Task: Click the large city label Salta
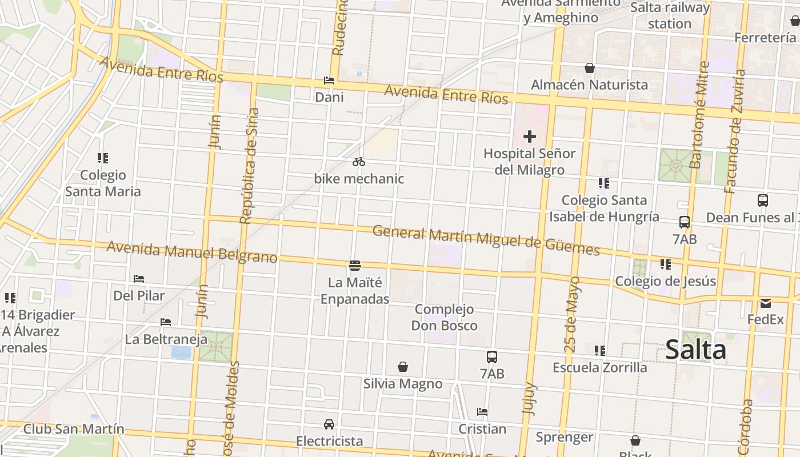tap(695, 350)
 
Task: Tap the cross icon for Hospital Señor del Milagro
tap(530, 137)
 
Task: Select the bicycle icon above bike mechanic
tap(359, 162)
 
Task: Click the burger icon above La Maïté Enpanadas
tap(355, 265)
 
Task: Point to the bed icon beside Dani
tap(329, 81)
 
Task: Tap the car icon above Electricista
tap(329, 424)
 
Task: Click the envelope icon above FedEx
tap(766, 303)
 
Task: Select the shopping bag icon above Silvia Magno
tap(403, 366)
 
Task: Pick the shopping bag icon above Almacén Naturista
tap(590, 68)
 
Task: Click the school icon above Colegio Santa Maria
tap(103, 158)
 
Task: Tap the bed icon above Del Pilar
tap(139, 279)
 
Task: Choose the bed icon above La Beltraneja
tap(166, 322)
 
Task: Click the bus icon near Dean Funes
tap(763, 201)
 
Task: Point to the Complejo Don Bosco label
tap(445, 318)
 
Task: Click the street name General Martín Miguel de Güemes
tap(486, 240)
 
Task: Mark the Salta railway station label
tap(670, 15)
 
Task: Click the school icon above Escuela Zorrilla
tap(600, 350)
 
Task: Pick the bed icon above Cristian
tap(482, 411)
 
